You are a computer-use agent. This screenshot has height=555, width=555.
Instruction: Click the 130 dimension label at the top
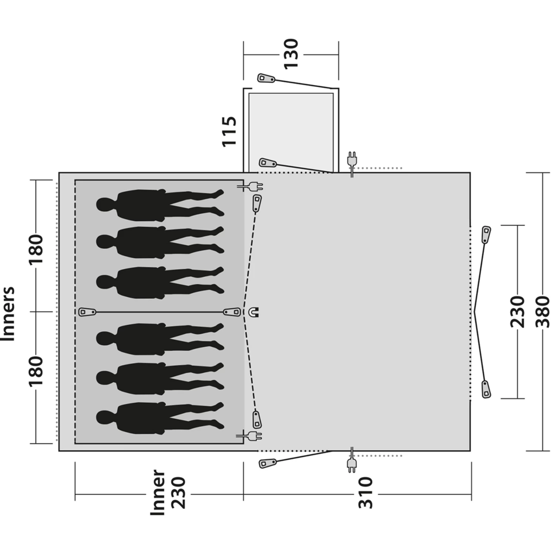(291, 54)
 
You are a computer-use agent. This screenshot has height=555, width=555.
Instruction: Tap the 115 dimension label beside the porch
(229, 131)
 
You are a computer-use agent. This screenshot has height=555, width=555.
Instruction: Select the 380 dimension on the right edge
(543, 312)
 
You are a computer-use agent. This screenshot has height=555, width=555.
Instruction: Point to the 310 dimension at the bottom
(366, 493)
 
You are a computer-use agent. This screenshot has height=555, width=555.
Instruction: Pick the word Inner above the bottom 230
(158, 492)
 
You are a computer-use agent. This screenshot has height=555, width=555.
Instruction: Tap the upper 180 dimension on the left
(36, 249)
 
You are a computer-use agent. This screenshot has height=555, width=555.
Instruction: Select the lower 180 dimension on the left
(36, 371)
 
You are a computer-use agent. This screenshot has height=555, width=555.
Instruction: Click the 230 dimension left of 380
(517, 312)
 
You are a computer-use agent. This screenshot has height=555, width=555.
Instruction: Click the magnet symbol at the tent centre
(254, 312)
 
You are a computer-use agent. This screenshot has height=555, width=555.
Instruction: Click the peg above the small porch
(266, 78)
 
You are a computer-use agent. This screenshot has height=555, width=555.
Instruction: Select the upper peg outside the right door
(486, 234)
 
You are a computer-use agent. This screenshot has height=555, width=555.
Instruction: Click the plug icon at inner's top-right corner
(255, 186)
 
